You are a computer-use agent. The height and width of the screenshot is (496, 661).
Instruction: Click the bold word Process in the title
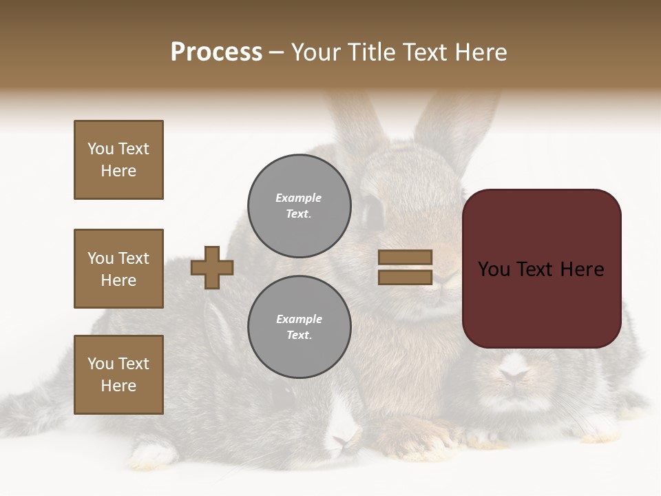click(x=216, y=52)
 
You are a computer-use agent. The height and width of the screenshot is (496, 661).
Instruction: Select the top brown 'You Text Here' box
click(x=118, y=160)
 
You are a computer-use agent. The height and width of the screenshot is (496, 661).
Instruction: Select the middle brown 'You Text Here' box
click(x=118, y=269)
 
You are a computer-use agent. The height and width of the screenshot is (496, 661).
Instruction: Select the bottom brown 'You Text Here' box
click(x=118, y=375)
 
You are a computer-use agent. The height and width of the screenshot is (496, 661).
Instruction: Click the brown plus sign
click(x=212, y=267)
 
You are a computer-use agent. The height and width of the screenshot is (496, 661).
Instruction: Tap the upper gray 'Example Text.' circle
click(x=299, y=205)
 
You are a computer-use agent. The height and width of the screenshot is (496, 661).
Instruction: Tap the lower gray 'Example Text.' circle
click(x=299, y=327)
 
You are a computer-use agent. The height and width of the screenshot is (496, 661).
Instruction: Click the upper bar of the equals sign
click(x=405, y=258)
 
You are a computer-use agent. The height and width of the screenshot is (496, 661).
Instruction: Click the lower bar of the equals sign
click(x=405, y=278)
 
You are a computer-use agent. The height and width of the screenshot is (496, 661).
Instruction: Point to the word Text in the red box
click(x=541, y=269)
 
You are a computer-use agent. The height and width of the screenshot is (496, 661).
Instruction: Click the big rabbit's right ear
click(x=454, y=124)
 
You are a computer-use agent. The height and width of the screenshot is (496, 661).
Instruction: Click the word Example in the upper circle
click(x=299, y=198)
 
